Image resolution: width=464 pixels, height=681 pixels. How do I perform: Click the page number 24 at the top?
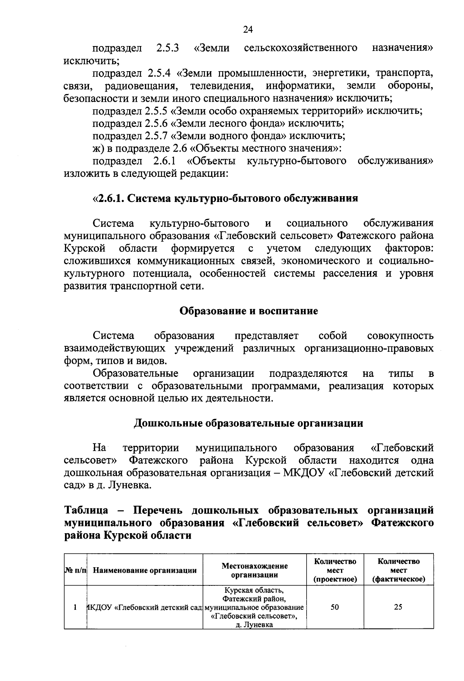coord(248,29)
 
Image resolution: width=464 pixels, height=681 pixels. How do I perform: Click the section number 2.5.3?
coord(167,48)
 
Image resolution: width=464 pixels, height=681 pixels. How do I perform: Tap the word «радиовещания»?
coord(141,86)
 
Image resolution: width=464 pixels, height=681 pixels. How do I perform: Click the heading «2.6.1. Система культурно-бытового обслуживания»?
coord(225,198)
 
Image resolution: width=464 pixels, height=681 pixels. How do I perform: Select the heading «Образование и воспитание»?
coord(249,311)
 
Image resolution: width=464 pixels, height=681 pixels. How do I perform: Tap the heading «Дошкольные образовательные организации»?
coord(248,423)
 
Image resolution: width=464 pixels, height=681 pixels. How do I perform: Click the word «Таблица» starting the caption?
coord(86,510)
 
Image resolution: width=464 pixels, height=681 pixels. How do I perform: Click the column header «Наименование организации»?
coord(145,570)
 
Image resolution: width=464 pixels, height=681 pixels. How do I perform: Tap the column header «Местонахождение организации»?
coord(254,570)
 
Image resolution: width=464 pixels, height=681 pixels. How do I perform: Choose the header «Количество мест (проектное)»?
coord(335,570)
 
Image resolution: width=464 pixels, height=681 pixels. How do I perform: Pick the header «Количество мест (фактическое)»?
coord(398,570)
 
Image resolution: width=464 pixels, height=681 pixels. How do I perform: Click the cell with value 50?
coord(335,607)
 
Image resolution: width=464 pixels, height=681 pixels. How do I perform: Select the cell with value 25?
coord(398,607)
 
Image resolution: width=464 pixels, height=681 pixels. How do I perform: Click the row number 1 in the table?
coord(75,607)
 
